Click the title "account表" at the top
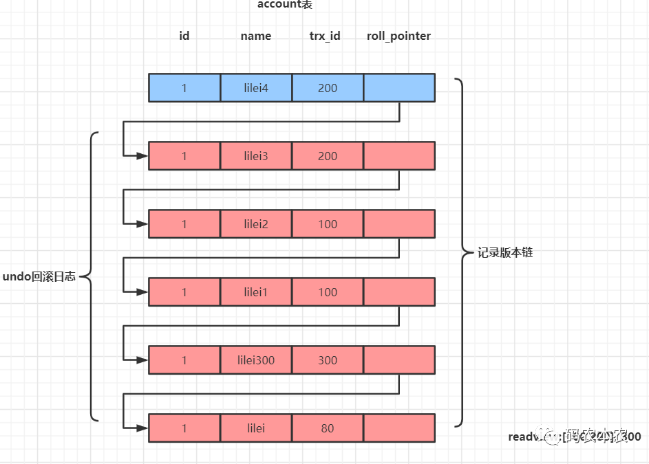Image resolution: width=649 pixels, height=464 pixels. (x=285, y=5)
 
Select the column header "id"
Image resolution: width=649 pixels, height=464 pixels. (x=184, y=36)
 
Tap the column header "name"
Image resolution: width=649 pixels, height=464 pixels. (x=256, y=36)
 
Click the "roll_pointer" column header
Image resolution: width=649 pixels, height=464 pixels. (x=399, y=36)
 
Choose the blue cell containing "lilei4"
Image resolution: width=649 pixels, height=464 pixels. (x=256, y=88)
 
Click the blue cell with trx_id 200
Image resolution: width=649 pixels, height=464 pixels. (x=328, y=88)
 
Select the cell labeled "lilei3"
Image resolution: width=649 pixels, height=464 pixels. (x=256, y=156)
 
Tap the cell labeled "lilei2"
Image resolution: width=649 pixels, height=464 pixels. (x=256, y=224)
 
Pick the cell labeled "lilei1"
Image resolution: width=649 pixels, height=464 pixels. (x=256, y=292)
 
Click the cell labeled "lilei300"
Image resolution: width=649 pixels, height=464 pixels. (x=256, y=360)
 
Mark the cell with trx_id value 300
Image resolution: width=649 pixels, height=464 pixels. (x=328, y=360)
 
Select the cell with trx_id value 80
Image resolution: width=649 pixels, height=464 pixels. (x=328, y=428)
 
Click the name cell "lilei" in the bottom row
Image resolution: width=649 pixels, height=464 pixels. (x=256, y=428)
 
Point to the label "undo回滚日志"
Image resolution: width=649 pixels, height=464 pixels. (x=39, y=276)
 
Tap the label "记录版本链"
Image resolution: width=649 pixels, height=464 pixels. (x=505, y=252)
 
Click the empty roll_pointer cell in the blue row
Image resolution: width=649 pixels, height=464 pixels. (x=399, y=88)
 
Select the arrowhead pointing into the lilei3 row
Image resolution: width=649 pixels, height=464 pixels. (x=142, y=156)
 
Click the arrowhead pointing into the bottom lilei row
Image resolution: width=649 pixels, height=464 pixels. (x=142, y=428)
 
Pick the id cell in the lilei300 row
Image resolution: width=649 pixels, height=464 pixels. (x=184, y=360)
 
